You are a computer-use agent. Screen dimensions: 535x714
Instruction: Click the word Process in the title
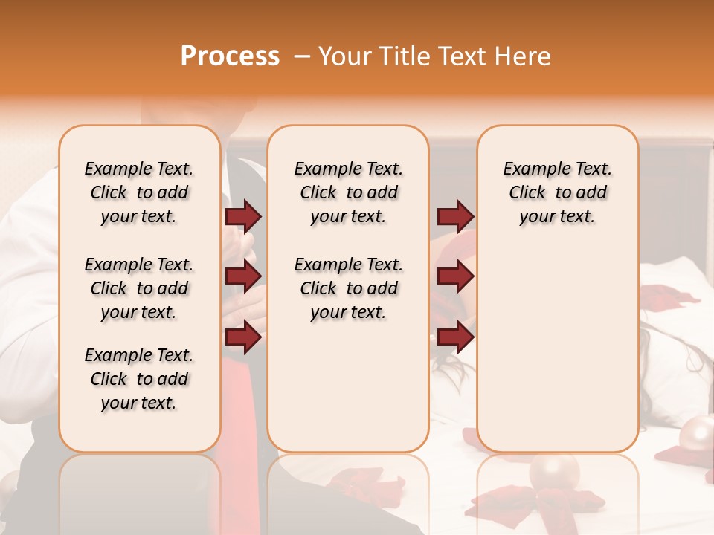point(230,56)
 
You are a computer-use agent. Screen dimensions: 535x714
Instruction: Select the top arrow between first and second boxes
point(243,216)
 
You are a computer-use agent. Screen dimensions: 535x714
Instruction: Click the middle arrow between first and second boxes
point(243,276)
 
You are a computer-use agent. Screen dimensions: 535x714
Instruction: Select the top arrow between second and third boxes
point(455,216)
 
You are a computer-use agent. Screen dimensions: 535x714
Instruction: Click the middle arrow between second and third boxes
point(455,276)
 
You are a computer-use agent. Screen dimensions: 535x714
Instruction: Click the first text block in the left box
point(139,192)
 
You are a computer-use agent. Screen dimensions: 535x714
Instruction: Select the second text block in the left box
point(139,288)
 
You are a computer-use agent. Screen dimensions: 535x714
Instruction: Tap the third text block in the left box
point(139,379)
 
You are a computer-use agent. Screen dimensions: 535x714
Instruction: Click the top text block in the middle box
point(348,192)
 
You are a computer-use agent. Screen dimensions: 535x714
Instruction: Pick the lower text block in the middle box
point(348,288)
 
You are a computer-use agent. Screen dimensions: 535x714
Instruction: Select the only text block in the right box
point(557,192)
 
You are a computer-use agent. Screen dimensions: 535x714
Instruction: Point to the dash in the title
point(301,57)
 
